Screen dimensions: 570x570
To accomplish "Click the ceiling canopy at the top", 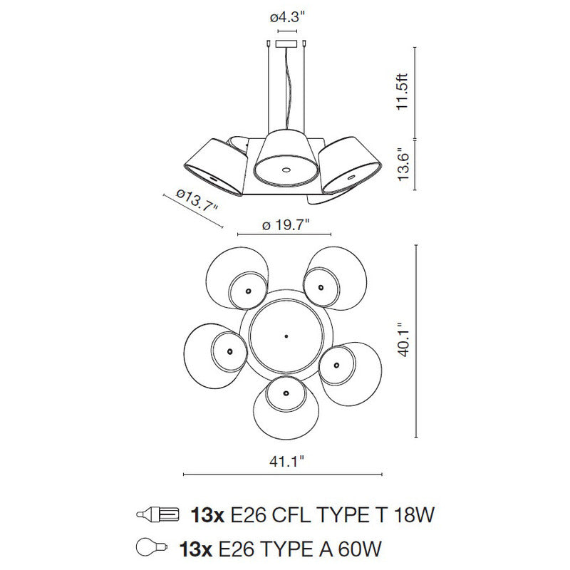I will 287,44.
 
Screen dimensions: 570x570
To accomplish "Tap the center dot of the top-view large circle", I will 285,336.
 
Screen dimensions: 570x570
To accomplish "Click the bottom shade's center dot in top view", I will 284,393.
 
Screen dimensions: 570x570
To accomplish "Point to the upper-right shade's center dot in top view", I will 321,287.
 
